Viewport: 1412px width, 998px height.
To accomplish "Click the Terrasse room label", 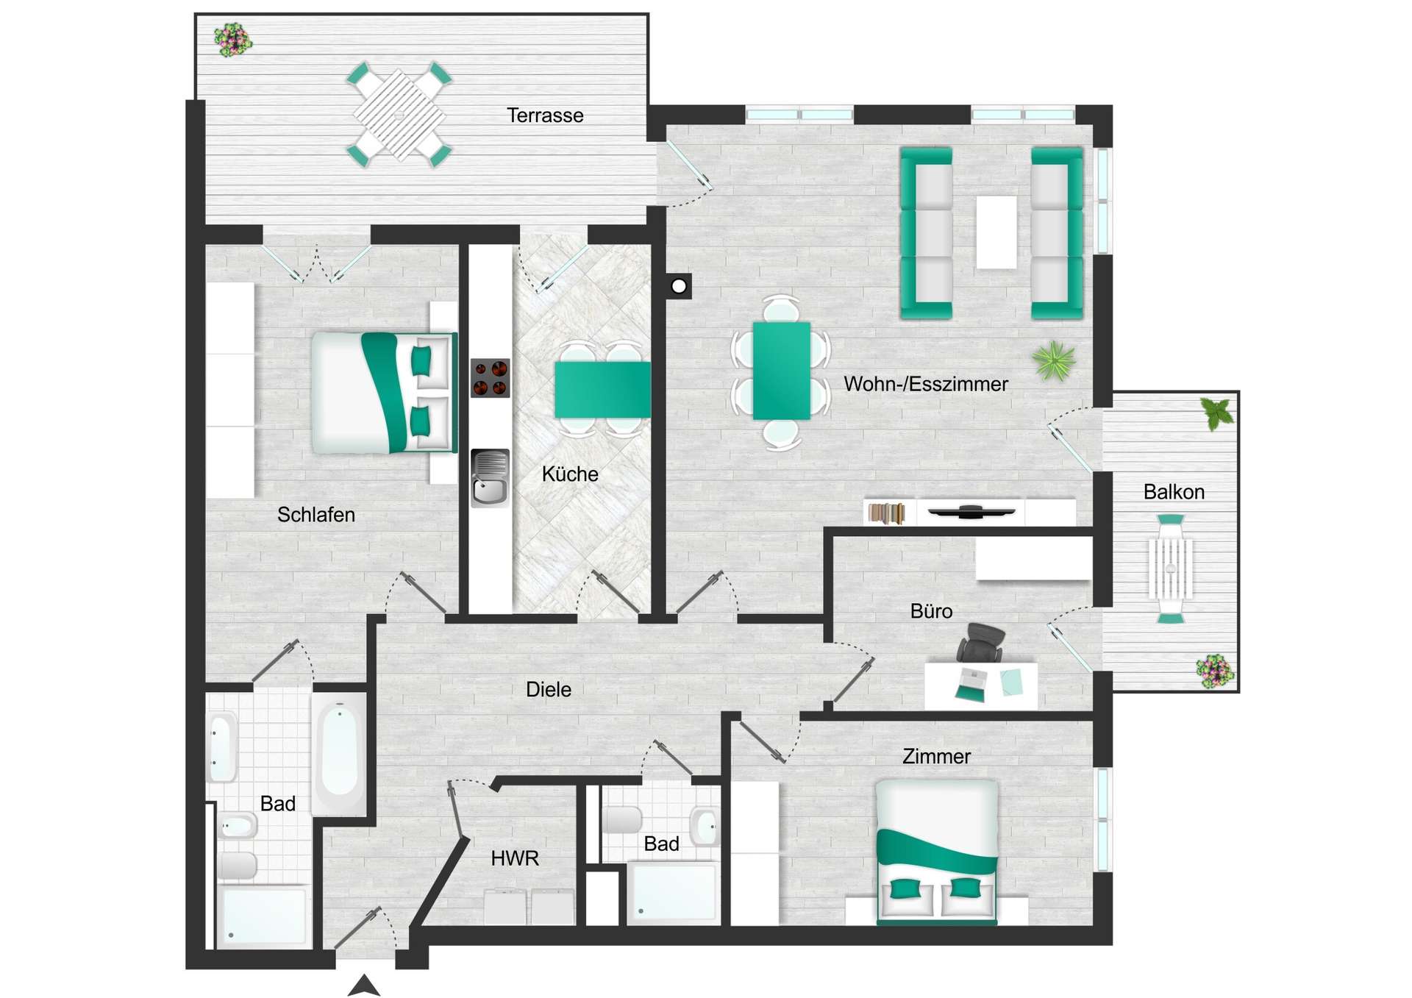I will point(545,115).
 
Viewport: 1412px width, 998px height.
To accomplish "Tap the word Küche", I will point(570,474).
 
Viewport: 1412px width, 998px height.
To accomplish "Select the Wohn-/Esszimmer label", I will point(925,384).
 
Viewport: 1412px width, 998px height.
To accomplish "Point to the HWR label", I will point(515,858).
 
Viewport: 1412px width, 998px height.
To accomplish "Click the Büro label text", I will point(931,611).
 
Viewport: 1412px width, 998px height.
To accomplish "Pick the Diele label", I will point(549,690).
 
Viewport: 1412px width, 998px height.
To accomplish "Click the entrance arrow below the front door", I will point(363,986).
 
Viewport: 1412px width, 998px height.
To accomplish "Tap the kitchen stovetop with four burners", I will point(490,378).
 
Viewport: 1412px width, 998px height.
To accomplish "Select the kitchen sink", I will point(490,479).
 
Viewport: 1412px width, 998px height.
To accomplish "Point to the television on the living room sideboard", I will point(971,511).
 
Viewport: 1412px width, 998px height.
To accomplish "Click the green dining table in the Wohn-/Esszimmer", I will point(781,371).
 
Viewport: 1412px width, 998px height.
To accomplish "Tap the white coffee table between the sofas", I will point(996,232).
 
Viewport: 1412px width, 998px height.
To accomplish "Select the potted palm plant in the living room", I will point(1054,361).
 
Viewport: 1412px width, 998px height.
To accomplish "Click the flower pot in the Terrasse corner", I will point(232,40).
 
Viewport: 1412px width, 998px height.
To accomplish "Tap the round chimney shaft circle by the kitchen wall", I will point(679,286).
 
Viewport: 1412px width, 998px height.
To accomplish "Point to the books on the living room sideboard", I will point(886,513).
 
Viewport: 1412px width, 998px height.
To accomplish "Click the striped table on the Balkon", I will point(1170,568).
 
